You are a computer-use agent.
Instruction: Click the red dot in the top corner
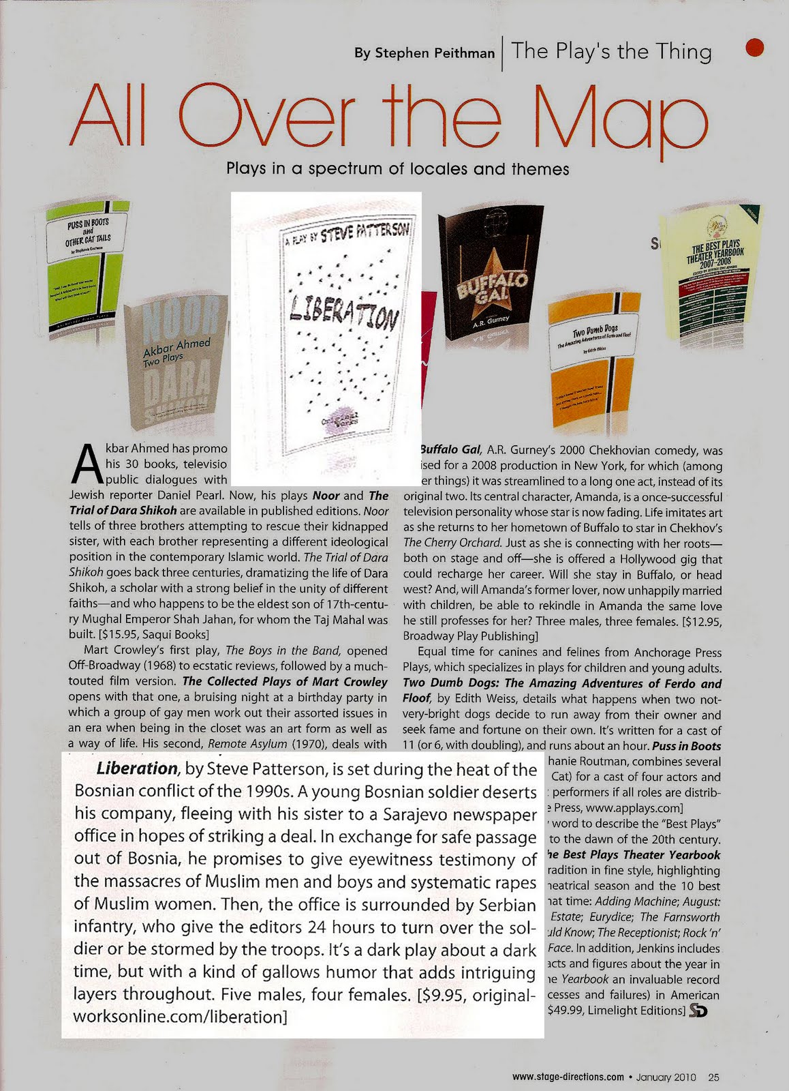757,48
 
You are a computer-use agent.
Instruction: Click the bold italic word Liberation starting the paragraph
137,768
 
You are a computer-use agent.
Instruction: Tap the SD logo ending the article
698,1011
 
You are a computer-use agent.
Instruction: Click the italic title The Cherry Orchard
452,543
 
